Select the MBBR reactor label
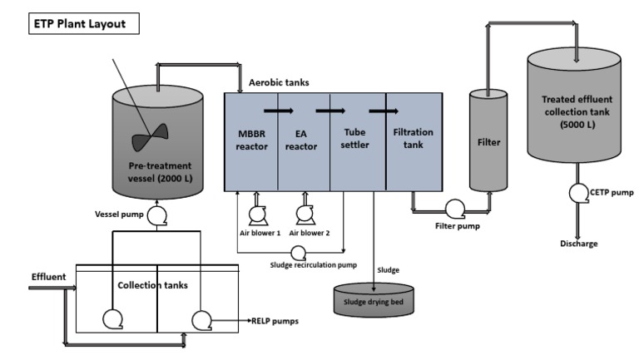251,139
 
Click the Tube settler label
357,139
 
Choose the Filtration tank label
413,139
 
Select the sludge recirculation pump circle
299,251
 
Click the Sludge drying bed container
374,298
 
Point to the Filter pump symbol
454,209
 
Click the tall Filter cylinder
488,141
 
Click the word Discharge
580,244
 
